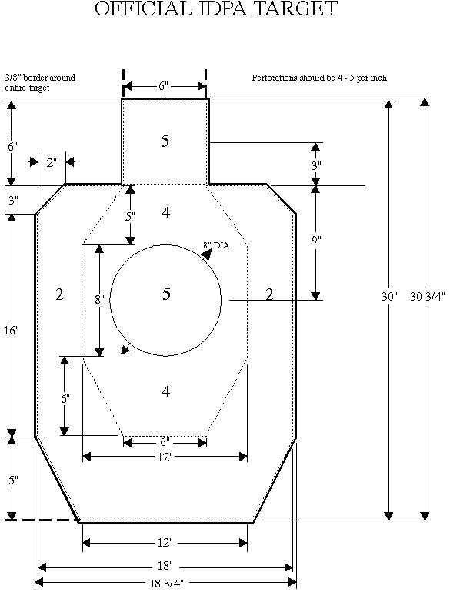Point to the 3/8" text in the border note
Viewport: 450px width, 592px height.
(x=12, y=78)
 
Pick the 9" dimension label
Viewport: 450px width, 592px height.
(x=316, y=241)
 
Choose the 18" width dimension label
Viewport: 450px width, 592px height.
(x=164, y=566)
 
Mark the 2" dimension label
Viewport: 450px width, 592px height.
(x=52, y=162)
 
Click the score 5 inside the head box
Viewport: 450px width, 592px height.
(x=165, y=141)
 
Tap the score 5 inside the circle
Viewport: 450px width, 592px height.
(x=166, y=294)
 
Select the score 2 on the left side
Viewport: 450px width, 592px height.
(x=59, y=294)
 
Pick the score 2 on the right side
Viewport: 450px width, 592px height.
(x=268, y=294)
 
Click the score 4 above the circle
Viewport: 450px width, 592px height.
(x=165, y=211)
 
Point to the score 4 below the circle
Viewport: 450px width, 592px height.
(x=165, y=392)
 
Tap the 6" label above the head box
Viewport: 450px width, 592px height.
(x=164, y=86)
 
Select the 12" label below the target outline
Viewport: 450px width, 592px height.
(x=164, y=543)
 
